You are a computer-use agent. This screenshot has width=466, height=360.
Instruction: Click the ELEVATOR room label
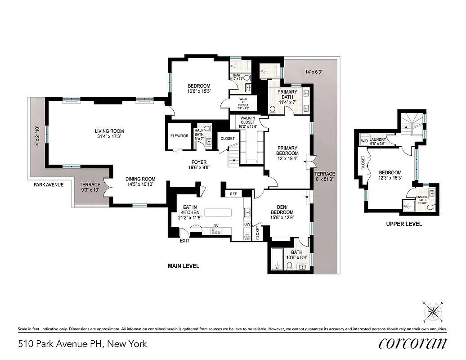[x=179, y=136]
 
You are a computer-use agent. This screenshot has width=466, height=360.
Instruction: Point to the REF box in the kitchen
[x=233, y=194]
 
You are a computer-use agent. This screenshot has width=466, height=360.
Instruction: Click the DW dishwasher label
[x=247, y=224]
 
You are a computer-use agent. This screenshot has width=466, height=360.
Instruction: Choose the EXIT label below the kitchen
[x=184, y=241]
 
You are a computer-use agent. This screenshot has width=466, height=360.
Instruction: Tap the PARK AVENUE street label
[x=49, y=184]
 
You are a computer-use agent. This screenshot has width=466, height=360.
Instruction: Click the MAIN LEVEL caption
[x=184, y=266]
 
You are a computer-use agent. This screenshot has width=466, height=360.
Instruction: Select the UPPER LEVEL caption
[x=404, y=224]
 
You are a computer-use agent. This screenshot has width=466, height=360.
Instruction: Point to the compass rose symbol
[x=434, y=311]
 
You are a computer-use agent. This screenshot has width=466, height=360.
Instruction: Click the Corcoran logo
[x=413, y=343]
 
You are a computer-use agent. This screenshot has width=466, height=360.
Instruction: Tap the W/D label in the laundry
[x=363, y=140]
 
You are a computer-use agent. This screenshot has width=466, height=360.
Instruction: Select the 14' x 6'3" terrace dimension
[x=314, y=72]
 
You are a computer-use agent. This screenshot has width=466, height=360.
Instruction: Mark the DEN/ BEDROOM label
[x=282, y=209]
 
